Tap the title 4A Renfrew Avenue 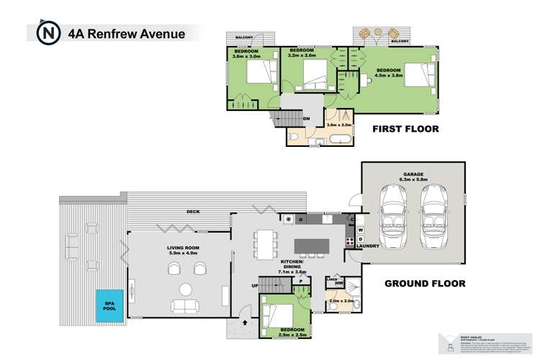tap(125, 33)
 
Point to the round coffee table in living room tap(186, 290)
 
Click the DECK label tap(192, 212)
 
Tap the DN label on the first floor tap(306, 119)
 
